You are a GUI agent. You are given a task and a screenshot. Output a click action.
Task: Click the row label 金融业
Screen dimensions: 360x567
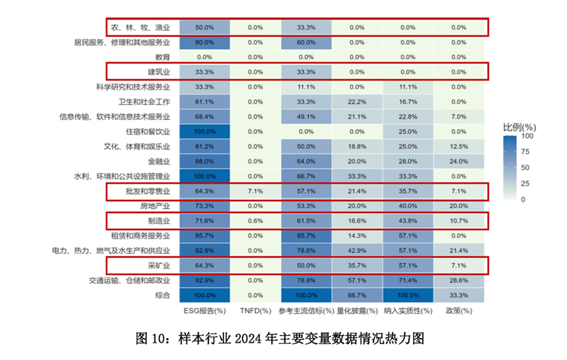click(159, 161)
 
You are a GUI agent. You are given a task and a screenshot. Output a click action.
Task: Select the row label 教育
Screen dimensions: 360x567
click(162, 57)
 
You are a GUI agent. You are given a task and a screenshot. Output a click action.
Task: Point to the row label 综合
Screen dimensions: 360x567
click(163, 295)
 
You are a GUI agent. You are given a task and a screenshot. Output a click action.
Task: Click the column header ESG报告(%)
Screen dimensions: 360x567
click(205, 311)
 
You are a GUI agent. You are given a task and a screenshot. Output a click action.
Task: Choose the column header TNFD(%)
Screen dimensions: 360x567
click(256, 311)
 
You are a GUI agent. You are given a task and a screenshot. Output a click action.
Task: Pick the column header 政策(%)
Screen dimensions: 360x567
click(459, 311)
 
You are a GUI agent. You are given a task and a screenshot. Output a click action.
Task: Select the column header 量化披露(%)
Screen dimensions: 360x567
click(357, 311)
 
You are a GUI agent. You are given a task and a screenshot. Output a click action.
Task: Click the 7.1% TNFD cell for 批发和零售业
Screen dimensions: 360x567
click(256, 191)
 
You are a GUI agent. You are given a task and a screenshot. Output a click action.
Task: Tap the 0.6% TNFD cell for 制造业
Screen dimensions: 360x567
click(256, 221)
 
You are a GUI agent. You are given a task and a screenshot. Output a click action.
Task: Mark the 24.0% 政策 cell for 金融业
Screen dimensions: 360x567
click(459, 161)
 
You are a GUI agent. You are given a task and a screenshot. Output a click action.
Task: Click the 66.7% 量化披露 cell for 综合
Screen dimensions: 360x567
click(357, 295)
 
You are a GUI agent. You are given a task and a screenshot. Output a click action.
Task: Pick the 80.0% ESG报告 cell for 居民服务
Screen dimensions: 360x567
click(205, 43)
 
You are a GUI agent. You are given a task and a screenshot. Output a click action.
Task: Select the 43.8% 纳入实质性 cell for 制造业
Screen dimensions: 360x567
click(408, 221)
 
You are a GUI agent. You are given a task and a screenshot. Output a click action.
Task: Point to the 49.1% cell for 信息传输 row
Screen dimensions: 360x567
click(306, 117)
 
